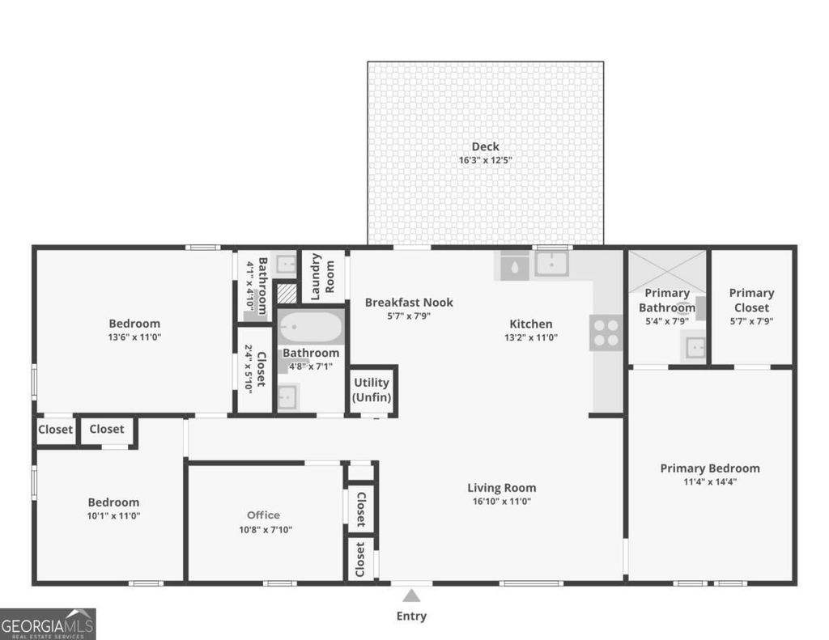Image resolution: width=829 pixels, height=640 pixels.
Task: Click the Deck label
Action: click(x=486, y=146)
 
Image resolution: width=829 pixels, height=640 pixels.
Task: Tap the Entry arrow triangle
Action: click(x=411, y=596)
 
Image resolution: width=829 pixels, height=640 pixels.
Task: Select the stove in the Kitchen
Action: click(x=606, y=332)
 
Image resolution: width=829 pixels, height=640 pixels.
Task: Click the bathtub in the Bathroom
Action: click(x=311, y=328)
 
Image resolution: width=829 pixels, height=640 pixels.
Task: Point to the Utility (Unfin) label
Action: click(x=372, y=390)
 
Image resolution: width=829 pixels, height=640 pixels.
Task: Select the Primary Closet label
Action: click(x=751, y=300)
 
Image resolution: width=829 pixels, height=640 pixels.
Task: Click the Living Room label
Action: click(x=502, y=487)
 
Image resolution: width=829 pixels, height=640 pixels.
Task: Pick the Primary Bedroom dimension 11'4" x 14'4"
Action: click(x=710, y=481)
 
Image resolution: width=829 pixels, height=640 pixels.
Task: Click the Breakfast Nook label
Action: click(x=409, y=302)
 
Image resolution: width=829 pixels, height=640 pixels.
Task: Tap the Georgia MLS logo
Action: click(x=48, y=624)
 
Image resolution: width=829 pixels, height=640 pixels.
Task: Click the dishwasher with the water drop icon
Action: click(x=514, y=265)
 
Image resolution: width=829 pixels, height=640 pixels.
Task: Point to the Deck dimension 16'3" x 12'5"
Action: click(x=486, y=160)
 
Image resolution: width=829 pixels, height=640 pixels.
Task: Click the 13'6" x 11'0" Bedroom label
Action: click(x=135, y=324)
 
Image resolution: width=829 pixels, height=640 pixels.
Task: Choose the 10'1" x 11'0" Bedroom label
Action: click(x=113, y=502)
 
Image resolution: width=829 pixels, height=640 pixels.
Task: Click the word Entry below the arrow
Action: click(x=411, y=617)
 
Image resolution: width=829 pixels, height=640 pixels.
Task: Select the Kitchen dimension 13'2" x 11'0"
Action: click(x=531, y=337)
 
